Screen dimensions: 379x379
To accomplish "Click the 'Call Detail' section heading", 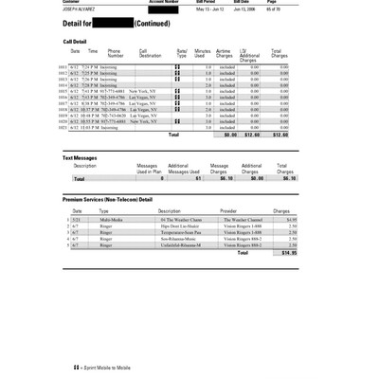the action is click(76, 42).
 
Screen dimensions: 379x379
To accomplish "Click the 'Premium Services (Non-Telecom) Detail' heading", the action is click(107, 200).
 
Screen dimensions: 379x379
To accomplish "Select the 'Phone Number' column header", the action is click(115, 53).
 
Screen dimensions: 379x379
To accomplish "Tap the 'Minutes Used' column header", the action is click(202, 53).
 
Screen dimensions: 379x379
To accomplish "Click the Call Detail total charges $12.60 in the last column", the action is click(279, 135).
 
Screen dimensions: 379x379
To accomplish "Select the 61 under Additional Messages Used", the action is click(198, 177).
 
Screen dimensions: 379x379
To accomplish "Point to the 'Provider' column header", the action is click(228, 210).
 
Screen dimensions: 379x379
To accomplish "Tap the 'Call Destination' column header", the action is click(150, 53).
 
